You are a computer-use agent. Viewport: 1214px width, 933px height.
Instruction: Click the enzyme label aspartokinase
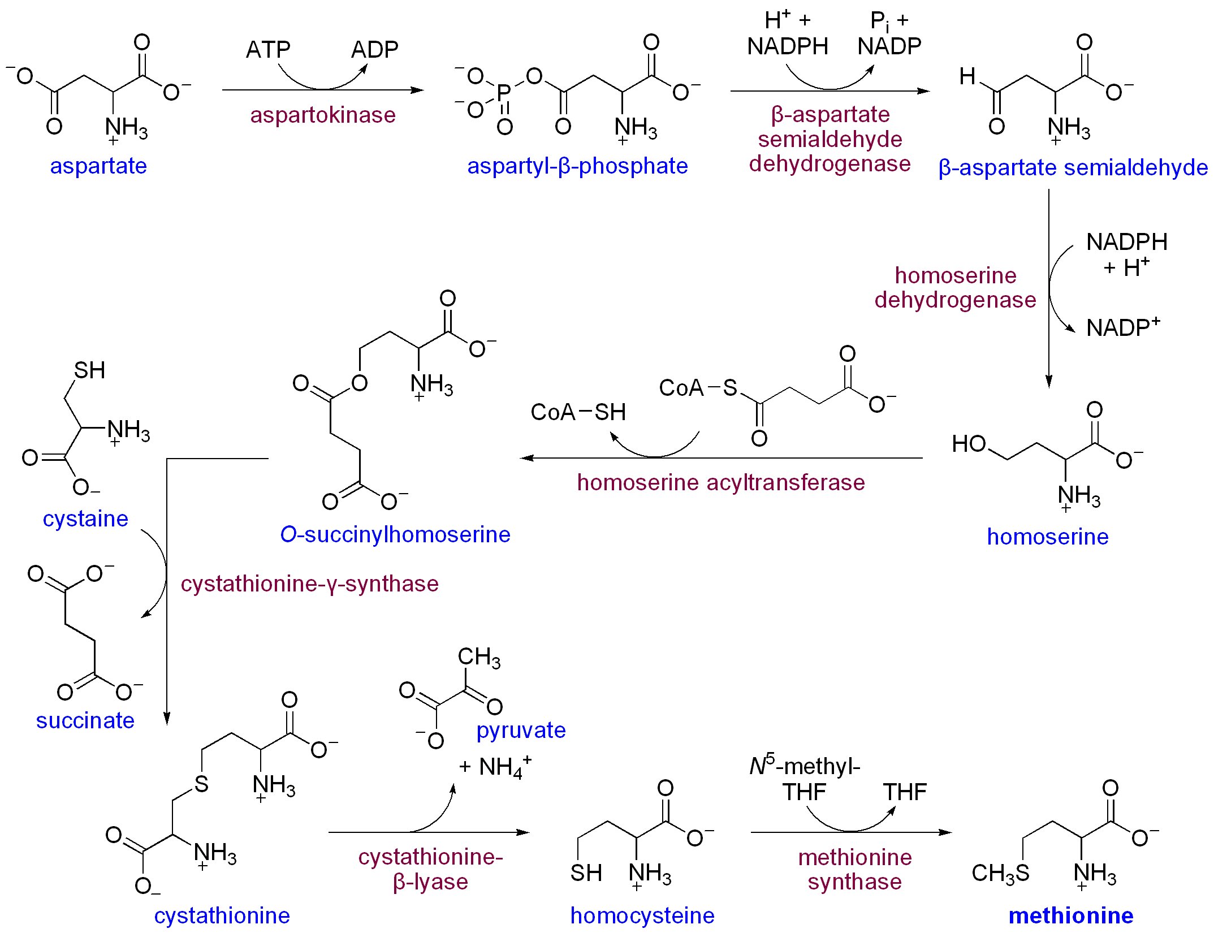coord(323,115)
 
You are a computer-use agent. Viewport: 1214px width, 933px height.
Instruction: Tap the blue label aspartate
coord(98,166)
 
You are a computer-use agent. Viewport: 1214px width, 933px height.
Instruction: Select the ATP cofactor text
coord(268,50)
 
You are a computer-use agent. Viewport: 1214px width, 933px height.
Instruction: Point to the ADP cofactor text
coord(374,50)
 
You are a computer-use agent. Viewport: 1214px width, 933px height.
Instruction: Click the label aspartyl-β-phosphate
coord(577,166)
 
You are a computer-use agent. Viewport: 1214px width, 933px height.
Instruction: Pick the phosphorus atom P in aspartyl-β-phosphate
coord(504,92)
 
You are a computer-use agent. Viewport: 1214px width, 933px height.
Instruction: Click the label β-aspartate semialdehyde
coord(1073,168)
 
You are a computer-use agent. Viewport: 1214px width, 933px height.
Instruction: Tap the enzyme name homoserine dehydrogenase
coord(955,288)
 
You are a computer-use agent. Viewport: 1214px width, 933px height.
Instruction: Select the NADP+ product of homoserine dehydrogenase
coord(1123,327)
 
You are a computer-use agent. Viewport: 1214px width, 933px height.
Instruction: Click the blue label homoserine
coord(1047,537)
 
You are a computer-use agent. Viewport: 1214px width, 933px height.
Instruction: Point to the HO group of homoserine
coord(969,444)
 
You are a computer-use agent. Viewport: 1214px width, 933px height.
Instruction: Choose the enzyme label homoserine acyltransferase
coord(721,483)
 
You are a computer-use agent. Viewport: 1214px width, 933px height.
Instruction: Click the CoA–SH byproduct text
coord(578,412)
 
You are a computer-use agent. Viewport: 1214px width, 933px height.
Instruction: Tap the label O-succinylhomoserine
coord(395,535)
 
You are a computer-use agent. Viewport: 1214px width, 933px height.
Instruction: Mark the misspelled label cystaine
coord(85,519)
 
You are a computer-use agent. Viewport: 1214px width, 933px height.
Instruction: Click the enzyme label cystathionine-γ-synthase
coord(309,584)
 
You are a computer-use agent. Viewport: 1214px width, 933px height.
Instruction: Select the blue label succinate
coord(85,721)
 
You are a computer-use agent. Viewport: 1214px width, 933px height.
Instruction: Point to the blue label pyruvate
coord(521,731)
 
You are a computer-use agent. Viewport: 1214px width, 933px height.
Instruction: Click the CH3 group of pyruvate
coord(478,658)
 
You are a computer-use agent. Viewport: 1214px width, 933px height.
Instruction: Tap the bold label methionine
coord(1071,916)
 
